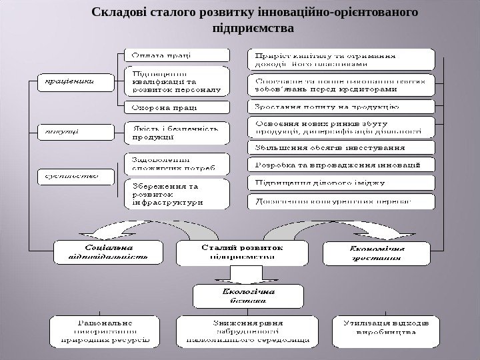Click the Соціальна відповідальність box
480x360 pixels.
[x=109, y=253]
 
